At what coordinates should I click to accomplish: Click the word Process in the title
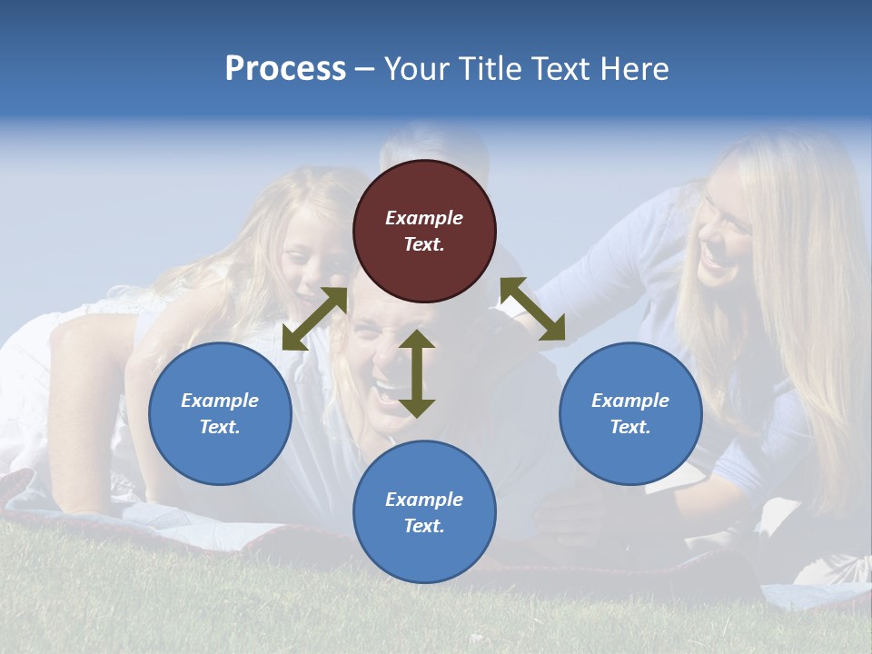[x=285, y=69]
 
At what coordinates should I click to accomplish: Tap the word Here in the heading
[x=634, y=69]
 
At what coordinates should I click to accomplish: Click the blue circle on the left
[x=220, y=413]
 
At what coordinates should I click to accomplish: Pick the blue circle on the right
[x=630, y=413]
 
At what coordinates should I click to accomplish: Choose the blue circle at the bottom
[x=424, y=511]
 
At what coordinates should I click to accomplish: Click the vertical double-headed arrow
[x=417, y=373]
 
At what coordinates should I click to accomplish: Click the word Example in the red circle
[x=424, y=218]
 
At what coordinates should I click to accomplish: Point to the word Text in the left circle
[x=220, y=427]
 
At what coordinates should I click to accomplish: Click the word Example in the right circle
[x=630, y=401]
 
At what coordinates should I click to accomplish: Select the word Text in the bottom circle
[x=424, y=526]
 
